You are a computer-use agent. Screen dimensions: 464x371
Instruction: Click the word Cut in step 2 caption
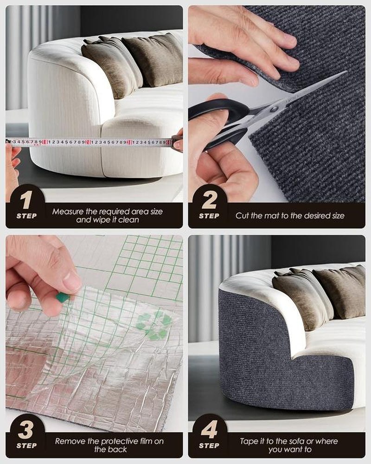(243, 216)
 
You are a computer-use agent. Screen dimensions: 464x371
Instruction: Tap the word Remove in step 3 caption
(69, 441)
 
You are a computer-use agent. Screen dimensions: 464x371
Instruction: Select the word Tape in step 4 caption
(249, 441)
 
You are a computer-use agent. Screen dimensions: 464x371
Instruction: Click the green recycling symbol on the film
(154, 325)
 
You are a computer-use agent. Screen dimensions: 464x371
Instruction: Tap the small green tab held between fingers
(63, 297)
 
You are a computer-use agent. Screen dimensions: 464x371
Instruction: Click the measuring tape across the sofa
(93, 142)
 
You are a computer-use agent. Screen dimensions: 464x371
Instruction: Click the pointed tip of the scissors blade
(345, 72)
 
